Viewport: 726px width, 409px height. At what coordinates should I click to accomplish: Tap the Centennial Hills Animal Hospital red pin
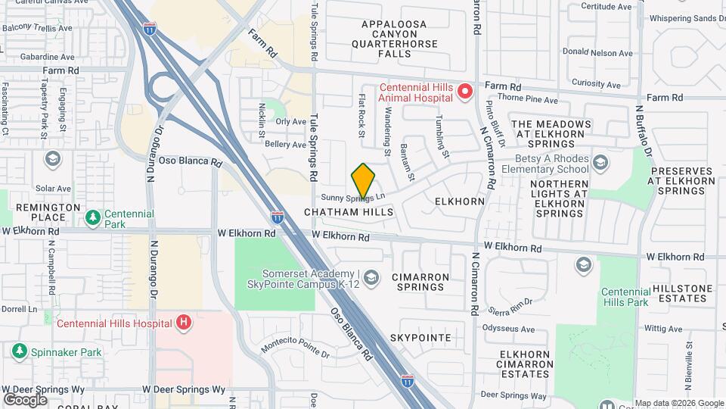point(465,92)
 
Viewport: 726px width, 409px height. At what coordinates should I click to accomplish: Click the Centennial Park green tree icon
point(93,219)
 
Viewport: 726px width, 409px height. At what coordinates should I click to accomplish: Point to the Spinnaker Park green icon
point(20,351)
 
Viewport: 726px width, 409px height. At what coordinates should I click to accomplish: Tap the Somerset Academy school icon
point(371,279)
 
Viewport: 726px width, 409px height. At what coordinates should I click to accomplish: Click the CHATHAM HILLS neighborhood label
point(349,213)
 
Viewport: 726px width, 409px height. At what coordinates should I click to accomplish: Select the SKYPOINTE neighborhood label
point(420,337)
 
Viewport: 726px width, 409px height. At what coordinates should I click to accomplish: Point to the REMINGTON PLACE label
point(48,211)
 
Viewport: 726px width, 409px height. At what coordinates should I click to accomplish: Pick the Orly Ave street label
point(290,121)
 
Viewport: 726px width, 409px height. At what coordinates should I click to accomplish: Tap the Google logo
point(25,399)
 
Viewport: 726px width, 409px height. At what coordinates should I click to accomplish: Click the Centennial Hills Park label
point(625,297)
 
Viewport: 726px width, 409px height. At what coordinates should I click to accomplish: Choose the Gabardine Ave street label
point(47,57)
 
